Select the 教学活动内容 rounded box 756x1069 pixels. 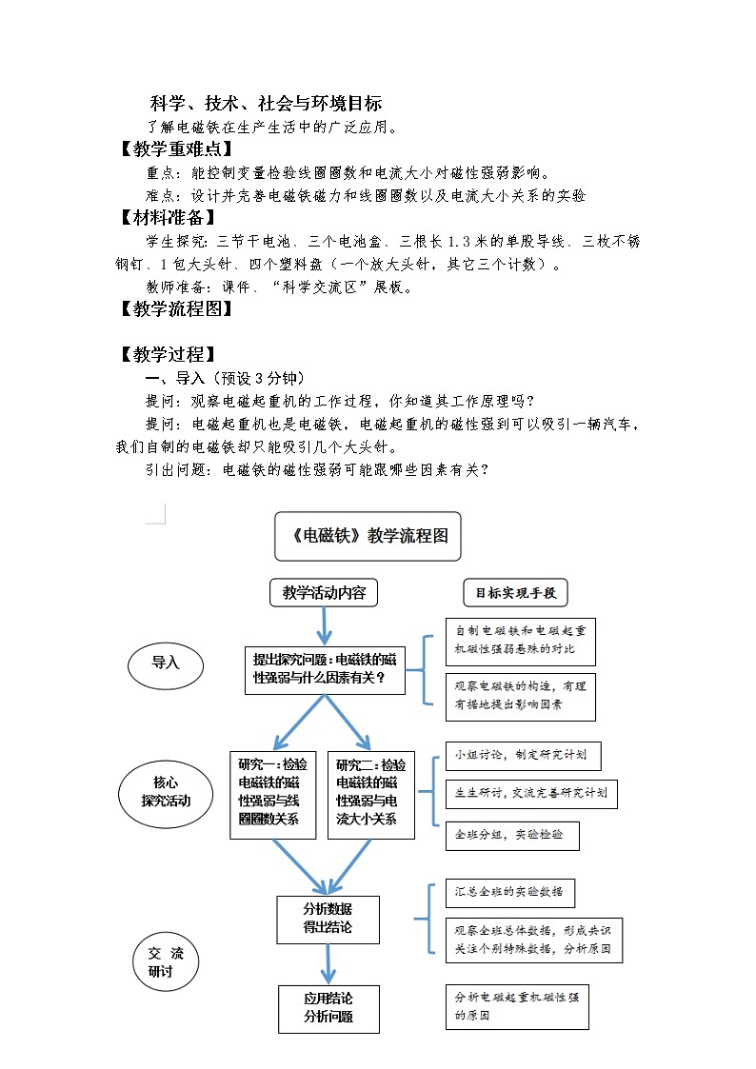[x=324, y=592]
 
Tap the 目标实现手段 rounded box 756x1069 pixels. [x=515, y=593]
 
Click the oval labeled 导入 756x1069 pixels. [x=166, y=663]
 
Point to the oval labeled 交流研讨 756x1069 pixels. [x=166, y=962]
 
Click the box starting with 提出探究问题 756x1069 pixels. [x=324, y=668]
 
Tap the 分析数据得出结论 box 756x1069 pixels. [x=328, y=918]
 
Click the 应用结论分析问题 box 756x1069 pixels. [x=328, y=1008]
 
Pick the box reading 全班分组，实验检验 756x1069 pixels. [x=512, y=835]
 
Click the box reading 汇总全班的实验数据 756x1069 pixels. [x=510, y=892]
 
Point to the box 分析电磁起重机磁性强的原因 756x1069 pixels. [x=517, y=1006]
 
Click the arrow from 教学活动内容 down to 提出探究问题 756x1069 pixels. [x=324, y=624]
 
